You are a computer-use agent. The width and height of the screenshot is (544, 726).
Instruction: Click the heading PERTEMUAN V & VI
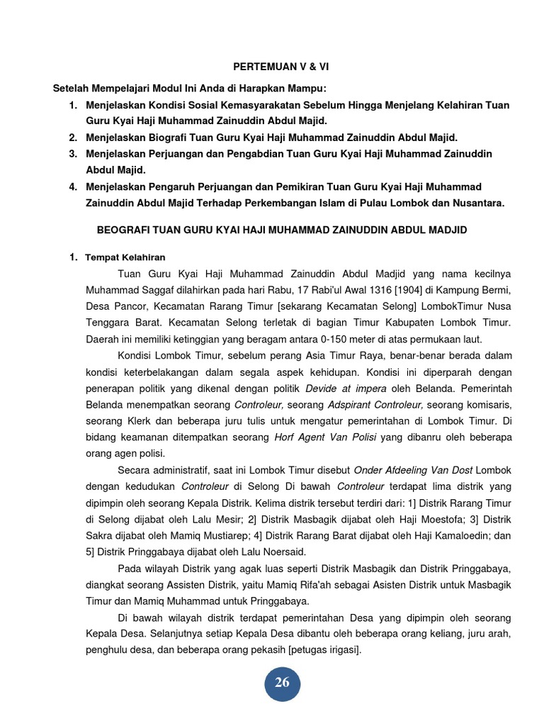(281, 67)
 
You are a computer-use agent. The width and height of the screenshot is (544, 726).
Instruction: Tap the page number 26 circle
(282, 683)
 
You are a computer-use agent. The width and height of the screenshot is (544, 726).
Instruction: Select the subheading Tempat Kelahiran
(125, 257)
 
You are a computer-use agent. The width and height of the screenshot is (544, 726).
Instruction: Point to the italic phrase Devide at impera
(339, 389)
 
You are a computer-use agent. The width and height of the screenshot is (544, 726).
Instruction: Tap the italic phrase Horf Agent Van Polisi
(326, 437)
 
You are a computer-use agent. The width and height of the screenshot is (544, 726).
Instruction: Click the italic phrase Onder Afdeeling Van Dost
(413, 471)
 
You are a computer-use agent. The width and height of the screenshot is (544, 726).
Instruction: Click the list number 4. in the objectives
(73, 187)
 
